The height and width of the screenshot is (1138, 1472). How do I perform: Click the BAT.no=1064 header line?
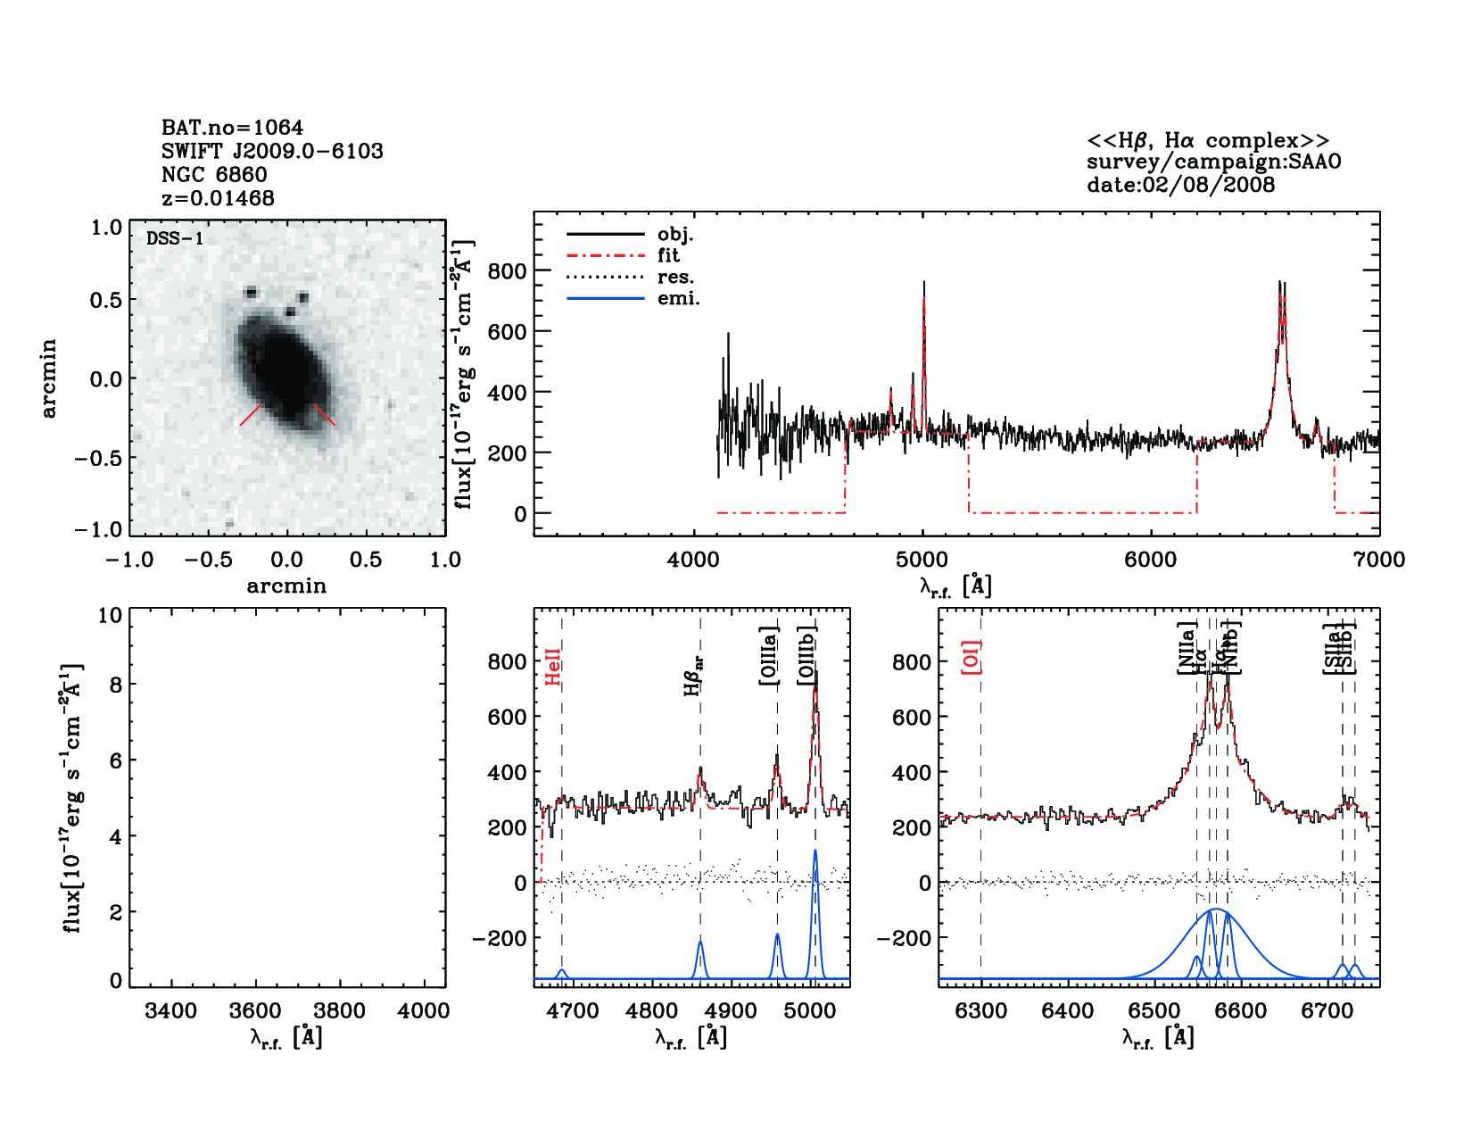pos(232,128)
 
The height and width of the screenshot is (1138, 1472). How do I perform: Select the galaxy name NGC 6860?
pos(214,175)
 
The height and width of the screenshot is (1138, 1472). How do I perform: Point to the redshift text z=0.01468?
pos(218,198)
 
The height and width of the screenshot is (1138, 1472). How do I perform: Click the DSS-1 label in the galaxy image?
pos(175,238)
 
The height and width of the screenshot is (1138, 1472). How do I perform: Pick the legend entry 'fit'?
pos(668,255)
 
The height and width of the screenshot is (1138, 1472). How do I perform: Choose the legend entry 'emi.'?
pos(678,298)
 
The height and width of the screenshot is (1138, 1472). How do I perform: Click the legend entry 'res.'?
pos(675,277)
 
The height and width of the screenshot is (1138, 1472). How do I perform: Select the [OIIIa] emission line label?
pos(769,656)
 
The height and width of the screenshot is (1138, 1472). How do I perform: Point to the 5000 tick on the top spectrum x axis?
pos(922,560)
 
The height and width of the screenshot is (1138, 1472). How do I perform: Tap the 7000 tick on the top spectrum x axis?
pos(1379,560)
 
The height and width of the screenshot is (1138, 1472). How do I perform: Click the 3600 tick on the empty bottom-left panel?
pos(256,1011)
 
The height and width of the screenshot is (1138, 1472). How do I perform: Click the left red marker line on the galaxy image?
pos(251,415)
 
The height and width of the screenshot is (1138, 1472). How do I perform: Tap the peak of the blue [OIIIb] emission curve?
pos(815,851)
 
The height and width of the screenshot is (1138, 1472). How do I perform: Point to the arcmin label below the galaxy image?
pos(286,586)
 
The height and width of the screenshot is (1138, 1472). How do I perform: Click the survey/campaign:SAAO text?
pos(1213,162)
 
